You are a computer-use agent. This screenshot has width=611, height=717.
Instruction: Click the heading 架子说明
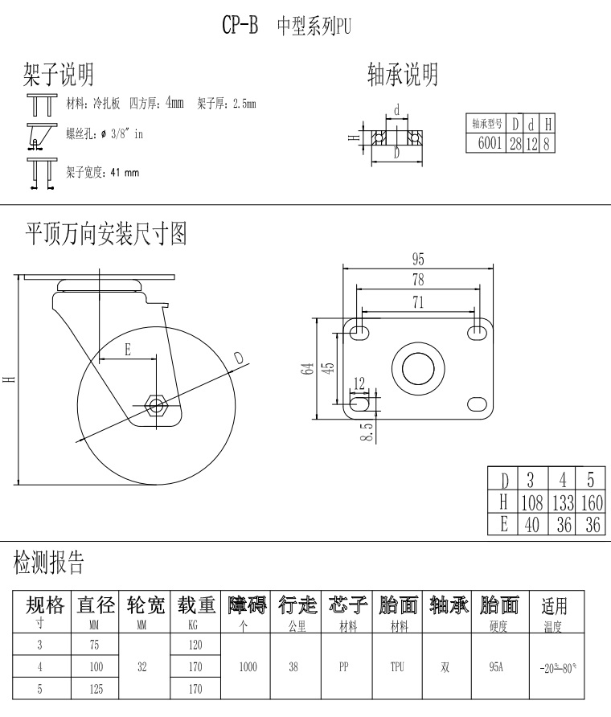(x=57, y=75)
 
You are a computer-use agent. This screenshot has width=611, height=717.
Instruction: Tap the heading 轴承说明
(x=402, y=75)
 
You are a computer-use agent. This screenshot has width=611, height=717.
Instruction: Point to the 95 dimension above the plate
(x=418, y=259)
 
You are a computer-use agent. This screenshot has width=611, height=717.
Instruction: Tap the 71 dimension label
(x=418, y=302)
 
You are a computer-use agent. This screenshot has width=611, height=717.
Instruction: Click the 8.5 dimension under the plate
(x=367, y=432)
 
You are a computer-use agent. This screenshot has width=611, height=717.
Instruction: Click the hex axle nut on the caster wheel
(x=157, y=401)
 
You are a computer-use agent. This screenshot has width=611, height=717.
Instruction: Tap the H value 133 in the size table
(x=563, y=503)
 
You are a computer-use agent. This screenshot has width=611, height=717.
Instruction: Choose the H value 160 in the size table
(x=591, y=503)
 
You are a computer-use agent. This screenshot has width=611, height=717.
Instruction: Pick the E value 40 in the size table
(x=530, y=524)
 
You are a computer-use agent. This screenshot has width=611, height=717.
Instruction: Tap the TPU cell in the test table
(x=396, y=666)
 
